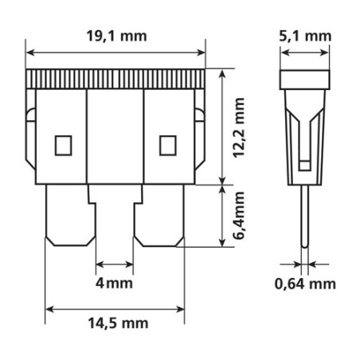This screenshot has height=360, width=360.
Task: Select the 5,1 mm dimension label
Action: pyautogui.click(x=305, y=36)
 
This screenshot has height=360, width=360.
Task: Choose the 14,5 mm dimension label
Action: pyautogui.click(x=117, y=323)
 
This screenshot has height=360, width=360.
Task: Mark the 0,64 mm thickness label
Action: pyautogui.click(x=305, y=284)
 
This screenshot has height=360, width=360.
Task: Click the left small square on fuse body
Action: pyautogui.click(x=62, y=145)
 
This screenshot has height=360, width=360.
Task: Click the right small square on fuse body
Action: pyautogui.click(x=166, y=145)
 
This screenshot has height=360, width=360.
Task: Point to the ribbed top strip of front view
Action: pyautogui.click(x=116, y=79)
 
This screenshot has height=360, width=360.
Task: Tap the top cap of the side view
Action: pyautogui.click(x=305, y=79)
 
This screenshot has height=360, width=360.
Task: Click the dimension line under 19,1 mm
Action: pyautogui.click(x=116, y=53)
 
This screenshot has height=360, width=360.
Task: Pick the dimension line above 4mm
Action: pyautogui.click(x=115, y=264)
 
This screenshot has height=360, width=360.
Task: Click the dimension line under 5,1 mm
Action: pyautogui.click(x=305, y=53)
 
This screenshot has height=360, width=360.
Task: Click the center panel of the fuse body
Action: pyautogui.click(x=115, y=135)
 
